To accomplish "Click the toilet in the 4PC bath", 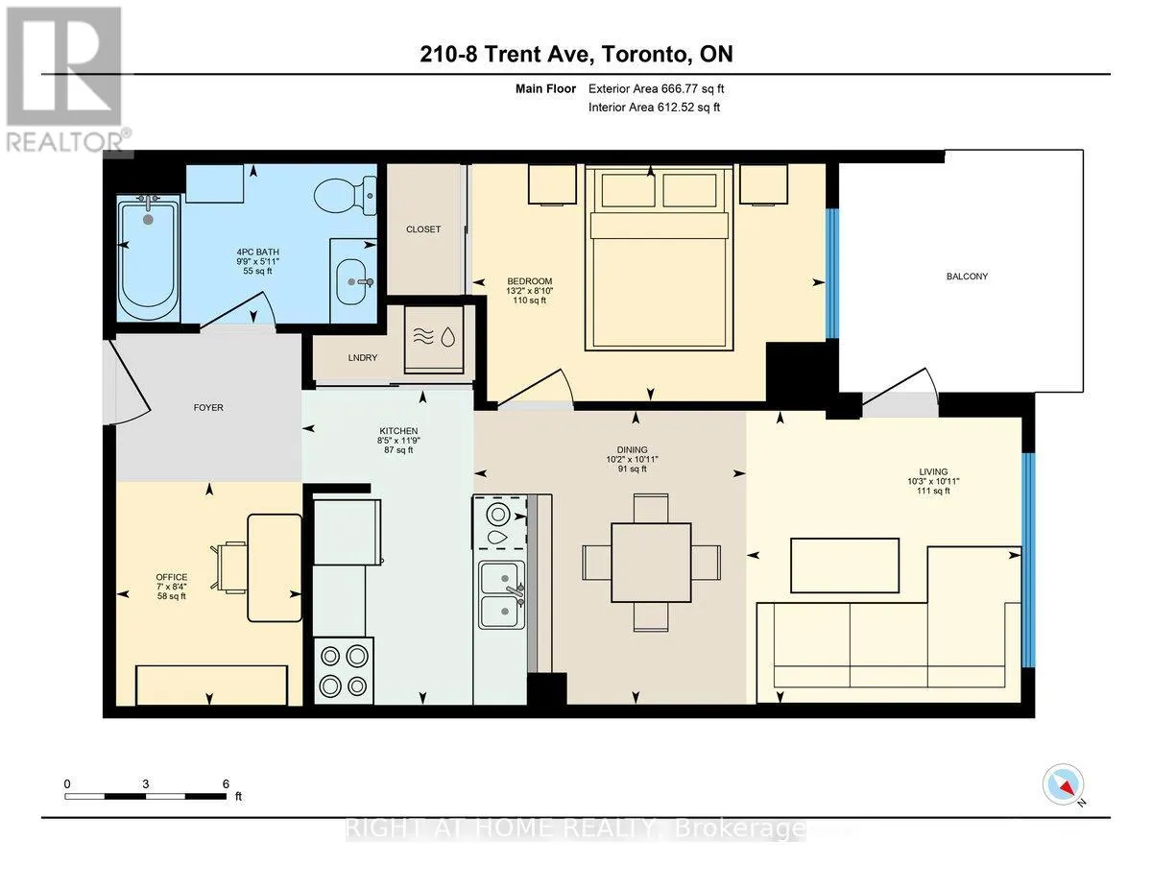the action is [346, 196].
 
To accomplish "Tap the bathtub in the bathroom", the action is [149, 257].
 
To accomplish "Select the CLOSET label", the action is [423, 229].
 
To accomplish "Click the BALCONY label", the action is [967, 277].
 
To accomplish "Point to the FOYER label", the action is [208, 408].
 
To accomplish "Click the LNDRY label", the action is [363, 358].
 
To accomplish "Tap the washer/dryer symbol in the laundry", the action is [434, 337].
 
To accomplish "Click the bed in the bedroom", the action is [659, 257].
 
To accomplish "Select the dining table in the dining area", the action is [651, 563].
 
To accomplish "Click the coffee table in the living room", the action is [845, 565].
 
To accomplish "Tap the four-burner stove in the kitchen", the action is [344, 670].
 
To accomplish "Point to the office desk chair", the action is [229, 566].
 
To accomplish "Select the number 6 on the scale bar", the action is [226, 783].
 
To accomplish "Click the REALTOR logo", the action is [65, 80].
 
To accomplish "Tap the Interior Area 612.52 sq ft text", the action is [654, 108].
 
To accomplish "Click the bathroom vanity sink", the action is [354, 281].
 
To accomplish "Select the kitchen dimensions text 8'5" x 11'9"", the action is [398, 441].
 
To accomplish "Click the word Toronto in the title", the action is [642, 55].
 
